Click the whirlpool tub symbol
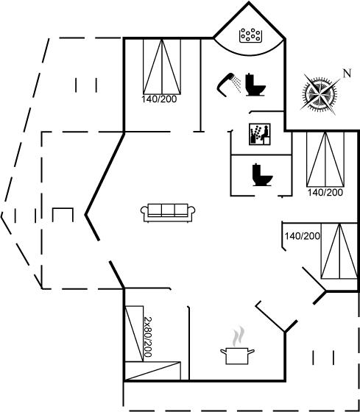click(250, 35)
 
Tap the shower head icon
click(225, 85)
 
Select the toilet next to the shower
click(255, 85)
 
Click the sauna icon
click(260, 134)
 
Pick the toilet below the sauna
click(262, 175)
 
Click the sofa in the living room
click(168, 213)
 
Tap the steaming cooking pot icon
click(237, 356)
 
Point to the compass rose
click(320, 93)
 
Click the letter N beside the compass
click(347, 73)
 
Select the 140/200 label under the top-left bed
click(159, 99)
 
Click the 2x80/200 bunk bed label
click(148, 337)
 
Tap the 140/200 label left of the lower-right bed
click(302, 236)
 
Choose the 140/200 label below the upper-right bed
click(325, 192)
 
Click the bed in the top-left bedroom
click(162, 66)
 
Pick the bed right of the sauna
click(325, 159)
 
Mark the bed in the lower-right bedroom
click(339, 251)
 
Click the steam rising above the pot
click(239, 336)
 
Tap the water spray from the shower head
click(238, 84)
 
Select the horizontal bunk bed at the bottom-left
click(152, 371)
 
